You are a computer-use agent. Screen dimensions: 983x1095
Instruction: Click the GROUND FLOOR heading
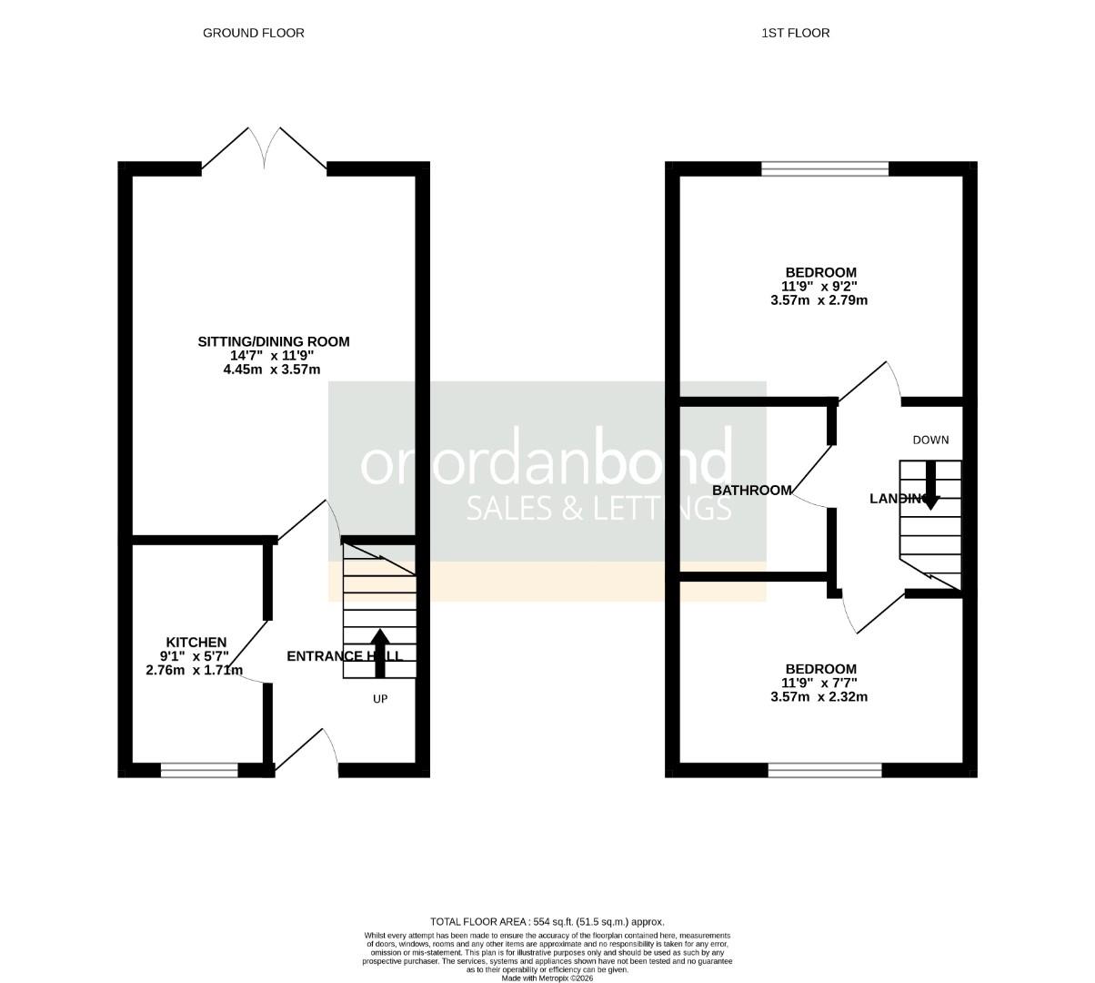(x=253, y=33)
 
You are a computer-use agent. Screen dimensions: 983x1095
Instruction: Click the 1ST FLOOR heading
(x=796, y=33)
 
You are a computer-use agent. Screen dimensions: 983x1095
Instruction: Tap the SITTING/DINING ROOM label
(x=274, y=341)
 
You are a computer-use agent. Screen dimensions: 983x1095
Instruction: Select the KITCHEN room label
(x=196, y=643)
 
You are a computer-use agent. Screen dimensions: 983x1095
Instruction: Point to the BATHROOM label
(x=751, y=491)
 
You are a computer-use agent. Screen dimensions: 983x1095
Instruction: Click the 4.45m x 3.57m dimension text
(x=271, y=370)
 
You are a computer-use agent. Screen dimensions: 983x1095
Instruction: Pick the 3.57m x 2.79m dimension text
(x=819, y=300)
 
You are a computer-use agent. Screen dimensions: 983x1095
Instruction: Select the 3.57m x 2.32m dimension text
(x=819, y=697)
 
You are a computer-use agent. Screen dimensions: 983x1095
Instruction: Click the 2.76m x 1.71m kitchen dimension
(x=194, y=671)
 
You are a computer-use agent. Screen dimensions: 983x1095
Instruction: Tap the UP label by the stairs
(x=380, y=699)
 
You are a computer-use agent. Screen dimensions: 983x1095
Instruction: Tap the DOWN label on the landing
(x=930, y=440)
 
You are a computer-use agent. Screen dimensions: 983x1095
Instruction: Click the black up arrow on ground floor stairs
(x=379, y=653)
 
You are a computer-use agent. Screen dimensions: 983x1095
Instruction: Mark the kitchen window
(x=199, y=770)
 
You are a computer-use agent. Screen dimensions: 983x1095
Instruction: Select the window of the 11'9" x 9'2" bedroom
(x=824, y=168)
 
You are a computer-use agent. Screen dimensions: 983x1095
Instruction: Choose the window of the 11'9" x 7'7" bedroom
(x=825, y=770)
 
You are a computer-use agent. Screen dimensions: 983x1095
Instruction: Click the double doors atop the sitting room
(x=264, y=151)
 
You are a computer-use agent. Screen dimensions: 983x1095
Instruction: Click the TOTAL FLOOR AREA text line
(x=547, y=921)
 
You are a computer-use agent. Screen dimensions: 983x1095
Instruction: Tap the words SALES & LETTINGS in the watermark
(x=598, y=509)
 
